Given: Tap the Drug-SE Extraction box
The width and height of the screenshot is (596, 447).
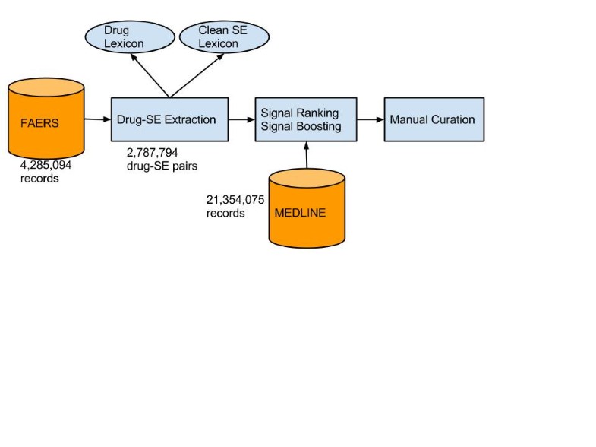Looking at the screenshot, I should point(169,119).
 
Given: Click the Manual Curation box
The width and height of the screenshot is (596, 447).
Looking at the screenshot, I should point(433,119).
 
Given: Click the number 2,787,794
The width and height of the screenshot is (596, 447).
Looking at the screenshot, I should point(152,152).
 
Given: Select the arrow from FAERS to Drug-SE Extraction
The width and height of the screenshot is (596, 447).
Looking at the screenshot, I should point(97,119).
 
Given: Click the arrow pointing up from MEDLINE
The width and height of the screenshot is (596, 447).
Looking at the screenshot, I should point(306,155).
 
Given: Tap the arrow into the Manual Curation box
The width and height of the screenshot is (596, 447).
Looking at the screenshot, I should point(370,119).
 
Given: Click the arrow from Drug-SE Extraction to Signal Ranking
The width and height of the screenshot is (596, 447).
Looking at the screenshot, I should point(241,119).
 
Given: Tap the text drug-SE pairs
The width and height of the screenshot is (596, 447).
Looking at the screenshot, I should point(161,166).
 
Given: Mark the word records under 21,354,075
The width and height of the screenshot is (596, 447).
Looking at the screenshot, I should point(225,214).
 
